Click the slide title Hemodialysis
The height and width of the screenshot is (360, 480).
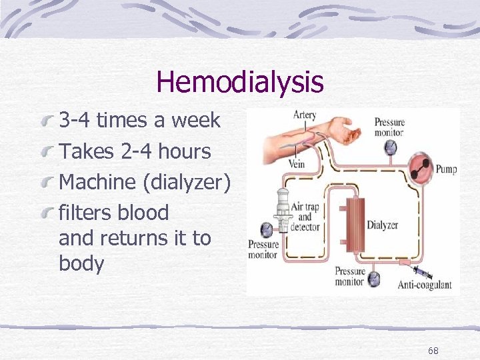pos(239,82)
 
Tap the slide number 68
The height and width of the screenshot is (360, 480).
pos(433,351)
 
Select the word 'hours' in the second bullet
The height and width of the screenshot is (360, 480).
pos(183,151)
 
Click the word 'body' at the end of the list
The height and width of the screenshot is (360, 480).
pos(81,263)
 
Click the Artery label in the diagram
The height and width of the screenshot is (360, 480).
pos(305,115)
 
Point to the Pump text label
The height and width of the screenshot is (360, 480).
pos(446,169)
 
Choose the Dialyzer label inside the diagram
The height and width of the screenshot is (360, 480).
pos(383,225)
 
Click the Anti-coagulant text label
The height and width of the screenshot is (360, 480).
pos(425,285)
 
